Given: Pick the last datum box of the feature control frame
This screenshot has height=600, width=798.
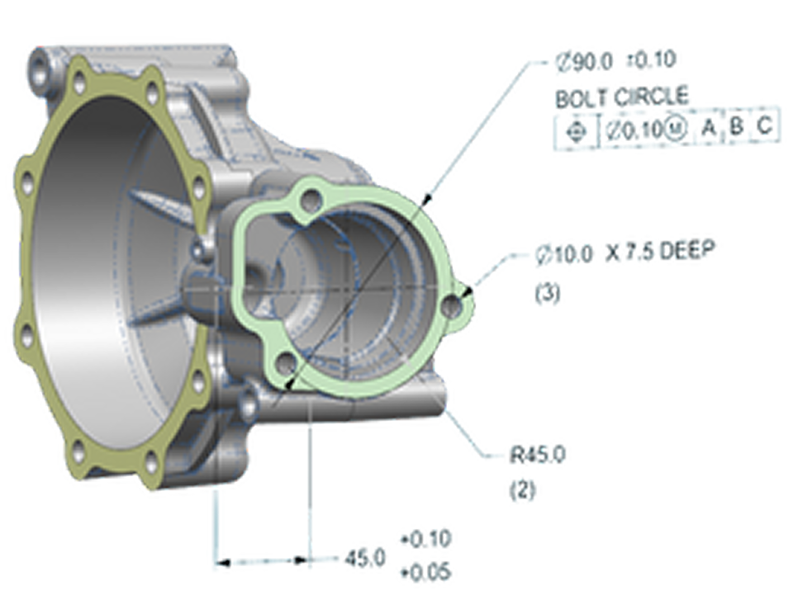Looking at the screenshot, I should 766,129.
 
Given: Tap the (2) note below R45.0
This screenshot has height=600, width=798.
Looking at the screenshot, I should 524,493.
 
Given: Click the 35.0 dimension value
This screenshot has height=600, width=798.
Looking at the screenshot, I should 365,560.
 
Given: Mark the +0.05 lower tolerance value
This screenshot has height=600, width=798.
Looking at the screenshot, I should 425,570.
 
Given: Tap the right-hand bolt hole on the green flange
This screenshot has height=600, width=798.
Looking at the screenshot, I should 452,306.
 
